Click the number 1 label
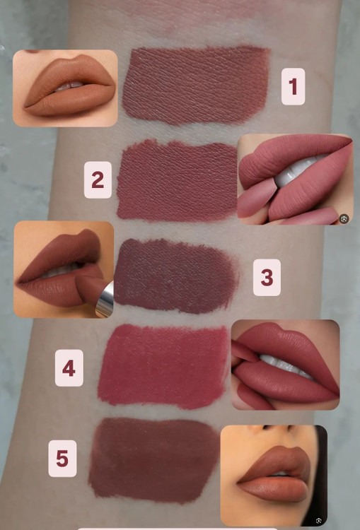[293, 86]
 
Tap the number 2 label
[98, 179]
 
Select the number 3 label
[267, 278]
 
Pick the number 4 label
[69, 367]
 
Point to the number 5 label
[62, 459]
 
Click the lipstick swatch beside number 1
[196, 86]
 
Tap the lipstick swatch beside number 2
[178, 180]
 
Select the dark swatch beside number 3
[176, 276]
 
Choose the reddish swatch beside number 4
[163, 366]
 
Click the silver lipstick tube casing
[105, 300]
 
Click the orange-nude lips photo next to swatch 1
[65, 88]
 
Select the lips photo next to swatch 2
[296, 179]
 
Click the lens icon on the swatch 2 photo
[344, 219]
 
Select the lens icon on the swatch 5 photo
[318, 521]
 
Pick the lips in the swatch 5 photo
[274, 474]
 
